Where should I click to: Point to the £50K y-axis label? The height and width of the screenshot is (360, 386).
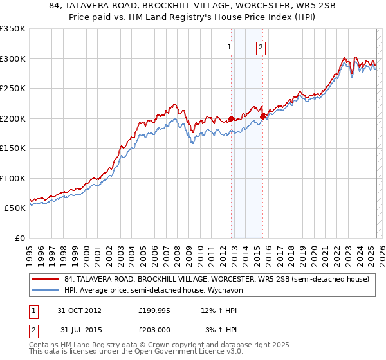point(14,208)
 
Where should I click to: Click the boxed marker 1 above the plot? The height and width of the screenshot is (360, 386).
point(230,46)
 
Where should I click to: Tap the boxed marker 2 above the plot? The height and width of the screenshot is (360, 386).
point(261,46)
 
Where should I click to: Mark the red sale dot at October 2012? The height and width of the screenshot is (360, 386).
point(232,118)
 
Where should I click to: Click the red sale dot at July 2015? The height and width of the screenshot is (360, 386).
point(263,116)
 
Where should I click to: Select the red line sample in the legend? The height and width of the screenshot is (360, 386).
point(45,279)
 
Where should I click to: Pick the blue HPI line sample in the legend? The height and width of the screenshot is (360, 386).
point(45,290)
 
